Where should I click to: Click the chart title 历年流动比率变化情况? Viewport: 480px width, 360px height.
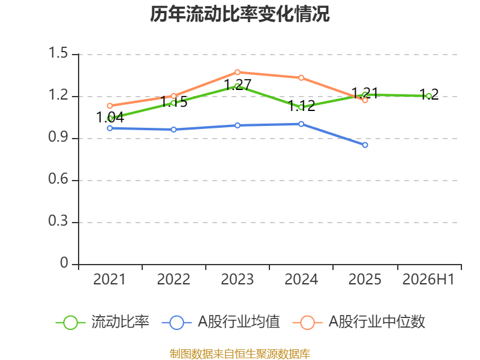[x=239, y=14]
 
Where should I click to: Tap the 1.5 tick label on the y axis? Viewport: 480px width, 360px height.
[x=58, y=53]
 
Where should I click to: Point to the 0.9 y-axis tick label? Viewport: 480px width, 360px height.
[x=58, y=137]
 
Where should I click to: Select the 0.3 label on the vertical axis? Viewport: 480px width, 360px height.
[x=58, y=221]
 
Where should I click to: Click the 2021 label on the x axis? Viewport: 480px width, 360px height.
[x=110, y=279]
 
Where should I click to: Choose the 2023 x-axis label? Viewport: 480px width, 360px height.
[x=237, y=279]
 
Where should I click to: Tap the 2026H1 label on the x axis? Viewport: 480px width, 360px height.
[x=428, y=279]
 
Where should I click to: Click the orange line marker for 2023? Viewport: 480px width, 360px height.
[x=238, y=72]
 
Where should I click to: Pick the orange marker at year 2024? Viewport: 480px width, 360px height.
[x=301, y=78]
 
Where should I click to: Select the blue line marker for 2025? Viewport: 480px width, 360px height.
[x=365, y=145]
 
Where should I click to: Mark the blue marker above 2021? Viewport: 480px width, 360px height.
[x=110, y=128]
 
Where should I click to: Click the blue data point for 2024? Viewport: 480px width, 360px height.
[x=301, y=124]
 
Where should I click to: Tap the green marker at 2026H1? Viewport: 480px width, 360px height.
[x=429, y=96]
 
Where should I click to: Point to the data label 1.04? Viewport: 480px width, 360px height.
[x=110, y=117]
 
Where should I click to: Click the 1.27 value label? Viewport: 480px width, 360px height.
[x=238, y=85]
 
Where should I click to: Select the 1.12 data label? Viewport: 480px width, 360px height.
[x=302, y=106]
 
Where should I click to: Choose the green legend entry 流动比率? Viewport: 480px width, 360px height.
[x=103, y=322]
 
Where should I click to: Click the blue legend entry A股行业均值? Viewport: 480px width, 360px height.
[x=221, y=322]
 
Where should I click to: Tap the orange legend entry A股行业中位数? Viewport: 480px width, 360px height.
[x=359, y=322]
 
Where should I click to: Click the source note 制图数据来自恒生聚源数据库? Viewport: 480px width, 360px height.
[x=240, y=354]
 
